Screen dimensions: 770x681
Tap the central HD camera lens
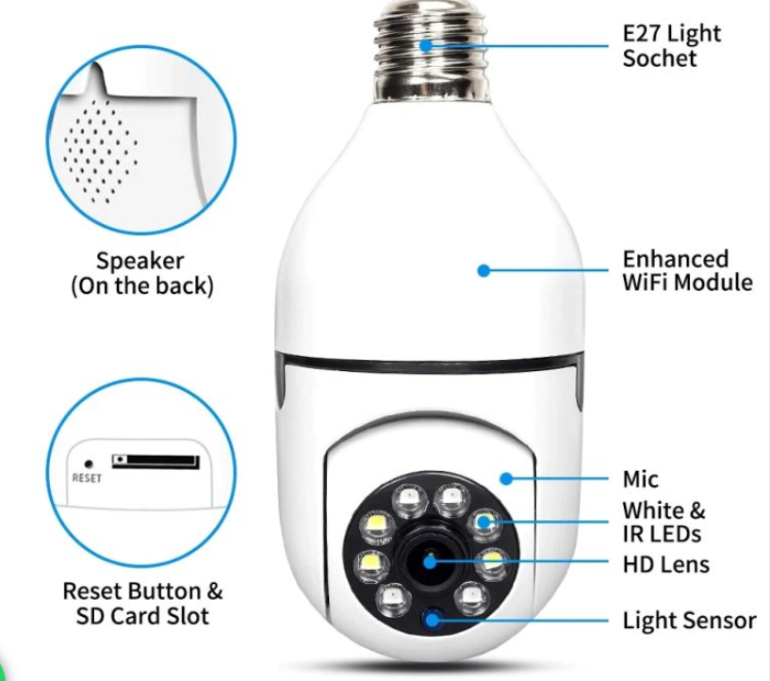[x=430, y=559]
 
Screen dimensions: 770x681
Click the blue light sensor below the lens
[x=433, y=619]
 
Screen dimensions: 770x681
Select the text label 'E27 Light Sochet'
[x=671, y=45]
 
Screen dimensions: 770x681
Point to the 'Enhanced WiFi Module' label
[x=687, y=270]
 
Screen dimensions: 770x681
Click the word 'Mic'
[x=640, y=478]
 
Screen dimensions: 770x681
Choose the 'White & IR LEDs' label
[x=664, y=522]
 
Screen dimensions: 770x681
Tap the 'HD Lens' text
[x=666, y=564]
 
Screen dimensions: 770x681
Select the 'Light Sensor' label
[x=689, y=620]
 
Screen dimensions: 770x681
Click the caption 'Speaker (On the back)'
[x=142, y=274]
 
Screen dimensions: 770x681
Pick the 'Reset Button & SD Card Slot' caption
[x=143, y=604]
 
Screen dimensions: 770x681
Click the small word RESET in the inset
[x=87, y=478]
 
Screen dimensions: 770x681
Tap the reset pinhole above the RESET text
[x=89, y=463]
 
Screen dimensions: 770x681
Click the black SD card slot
[x=156, y=462]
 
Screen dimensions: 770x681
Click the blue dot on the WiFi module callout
[x=483, y=270]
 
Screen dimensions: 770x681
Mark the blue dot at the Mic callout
[x=507, y=478]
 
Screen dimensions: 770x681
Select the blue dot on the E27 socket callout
[x=427, y=45]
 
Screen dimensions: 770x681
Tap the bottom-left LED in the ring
[x=391, y=598]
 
